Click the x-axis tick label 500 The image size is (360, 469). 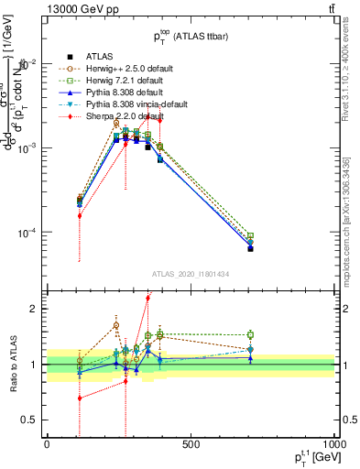[x=191, y=444]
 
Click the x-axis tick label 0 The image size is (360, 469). [x=47, y=444]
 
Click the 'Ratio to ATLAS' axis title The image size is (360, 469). [x=13, y=364]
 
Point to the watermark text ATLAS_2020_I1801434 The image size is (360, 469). [x=191, y=275]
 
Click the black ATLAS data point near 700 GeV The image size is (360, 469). [x=250, y=248]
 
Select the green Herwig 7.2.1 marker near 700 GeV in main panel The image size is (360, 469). [x=250, y=235]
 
